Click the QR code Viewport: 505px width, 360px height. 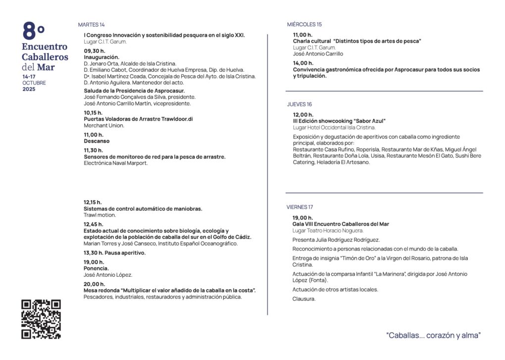[41, 319]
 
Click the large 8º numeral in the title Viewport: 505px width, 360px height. [34, 32]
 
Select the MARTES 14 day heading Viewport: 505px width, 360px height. [91, 25]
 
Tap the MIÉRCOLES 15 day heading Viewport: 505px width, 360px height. [304, 24]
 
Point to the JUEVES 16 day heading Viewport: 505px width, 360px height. [300, 104]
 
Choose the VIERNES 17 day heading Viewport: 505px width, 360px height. [300, 207]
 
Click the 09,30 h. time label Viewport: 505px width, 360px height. [94, 51]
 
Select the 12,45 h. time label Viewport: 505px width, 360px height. [94, 224]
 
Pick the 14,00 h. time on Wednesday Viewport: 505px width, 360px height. [303, 63]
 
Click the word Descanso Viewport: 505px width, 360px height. [97, 141]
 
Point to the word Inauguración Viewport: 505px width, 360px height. [101, 57]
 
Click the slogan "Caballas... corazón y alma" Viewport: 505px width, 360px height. [433, 335]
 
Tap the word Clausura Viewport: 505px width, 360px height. [304, 299]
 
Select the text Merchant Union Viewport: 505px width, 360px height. [104, 126]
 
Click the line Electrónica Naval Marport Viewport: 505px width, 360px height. [116, 163]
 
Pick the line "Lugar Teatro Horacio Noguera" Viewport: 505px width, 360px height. [328, 231]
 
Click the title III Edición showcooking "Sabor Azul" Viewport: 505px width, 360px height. [339, 121]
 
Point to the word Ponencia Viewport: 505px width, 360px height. [96, 268]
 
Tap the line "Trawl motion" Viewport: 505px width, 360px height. [100, 215]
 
